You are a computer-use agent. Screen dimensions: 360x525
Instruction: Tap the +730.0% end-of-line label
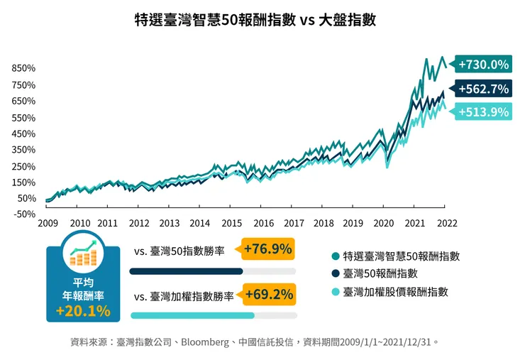pos(483,65)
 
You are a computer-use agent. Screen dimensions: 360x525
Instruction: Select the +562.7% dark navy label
pos(483,89)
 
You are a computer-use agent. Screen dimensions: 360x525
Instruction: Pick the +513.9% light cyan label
pos(483,111)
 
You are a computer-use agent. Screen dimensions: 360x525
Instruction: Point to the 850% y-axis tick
pos(23,69)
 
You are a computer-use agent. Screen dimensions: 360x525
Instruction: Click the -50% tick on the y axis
pos(23,214)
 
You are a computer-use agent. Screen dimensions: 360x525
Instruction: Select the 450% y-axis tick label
pos(23,134)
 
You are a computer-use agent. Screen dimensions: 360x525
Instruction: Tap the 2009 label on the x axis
pos(48,223)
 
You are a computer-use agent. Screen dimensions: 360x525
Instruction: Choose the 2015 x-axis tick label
pos(232,223)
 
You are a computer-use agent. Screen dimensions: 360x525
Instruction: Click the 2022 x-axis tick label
pos(445,223)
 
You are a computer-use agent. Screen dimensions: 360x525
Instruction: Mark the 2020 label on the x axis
pos(384,223)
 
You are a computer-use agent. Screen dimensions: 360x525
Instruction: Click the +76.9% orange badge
pos(267,250)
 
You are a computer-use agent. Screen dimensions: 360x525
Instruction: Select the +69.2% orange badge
pos(269,293)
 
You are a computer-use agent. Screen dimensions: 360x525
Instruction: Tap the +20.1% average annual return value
pos(83,311)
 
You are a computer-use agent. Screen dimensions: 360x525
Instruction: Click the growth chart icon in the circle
pos(83,252)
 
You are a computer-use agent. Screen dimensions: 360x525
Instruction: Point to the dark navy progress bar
pos(187,271)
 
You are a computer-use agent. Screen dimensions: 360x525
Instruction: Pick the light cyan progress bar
pos(192,315)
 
